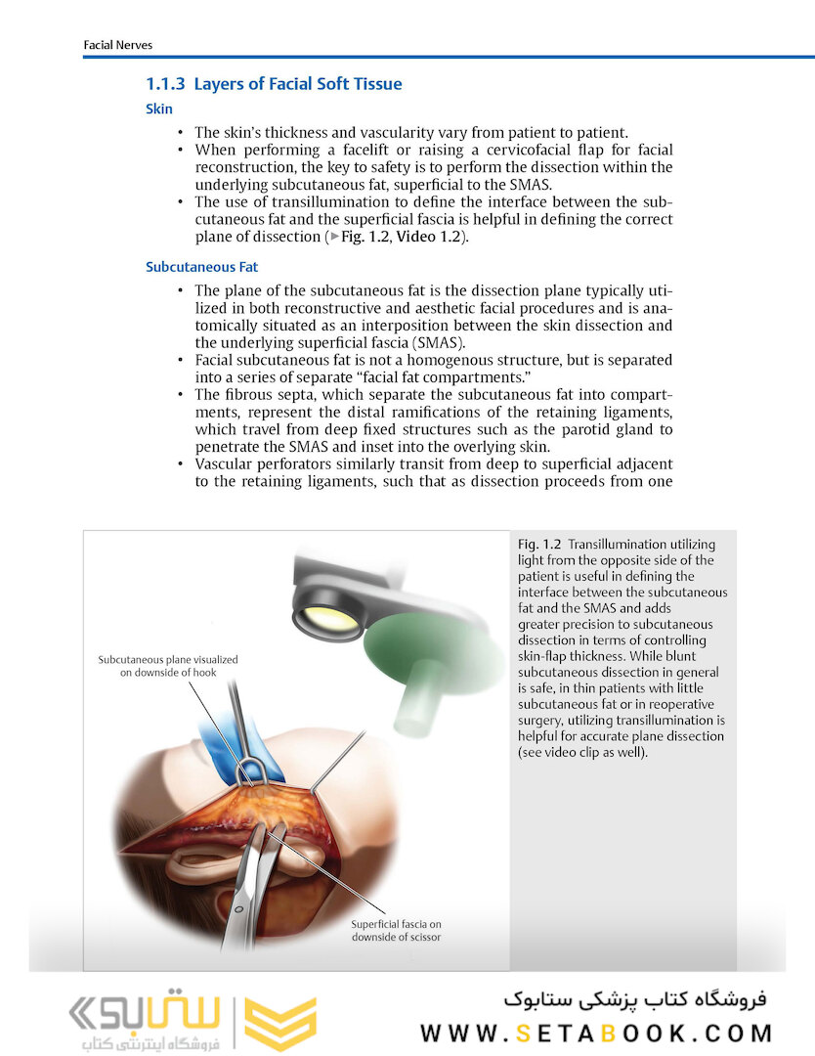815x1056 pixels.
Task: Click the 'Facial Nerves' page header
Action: pyautogui.click(x=118, y=45)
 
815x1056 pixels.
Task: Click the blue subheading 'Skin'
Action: pyautogui.click(x=159, y=110)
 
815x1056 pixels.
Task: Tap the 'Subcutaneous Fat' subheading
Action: pyautogui.click(x=201, y=266)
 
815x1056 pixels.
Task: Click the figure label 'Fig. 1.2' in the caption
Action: pyautogui.click(x=539, y=544)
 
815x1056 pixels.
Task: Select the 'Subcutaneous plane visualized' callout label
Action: pyautogui.click(x=168, y=660)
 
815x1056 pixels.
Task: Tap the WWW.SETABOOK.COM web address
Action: pyautogui.click(x=596, y=1033)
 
